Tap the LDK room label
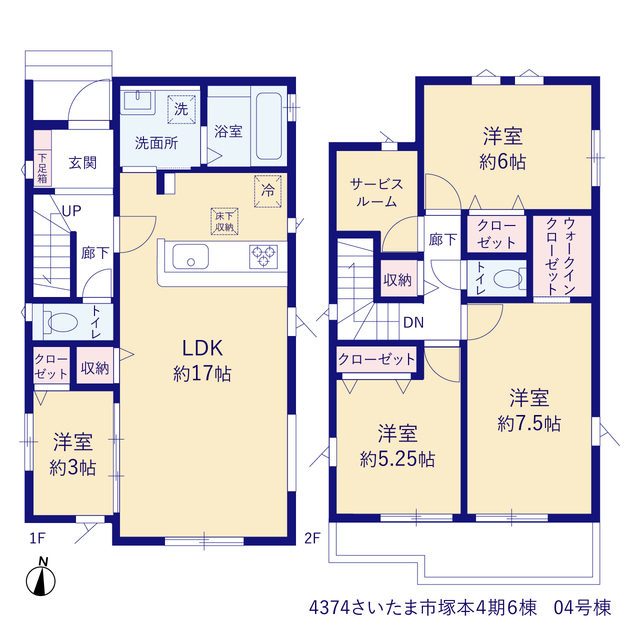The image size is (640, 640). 202,349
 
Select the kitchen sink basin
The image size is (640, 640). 191,257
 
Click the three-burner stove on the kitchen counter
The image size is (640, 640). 264,257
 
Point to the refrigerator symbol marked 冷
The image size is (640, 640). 268,191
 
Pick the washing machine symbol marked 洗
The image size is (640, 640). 181,109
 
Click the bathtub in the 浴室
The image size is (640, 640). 269,126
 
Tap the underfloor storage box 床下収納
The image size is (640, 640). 224,221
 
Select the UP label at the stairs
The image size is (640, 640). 71,211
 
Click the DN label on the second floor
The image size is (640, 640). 413,323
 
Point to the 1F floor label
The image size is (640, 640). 37,539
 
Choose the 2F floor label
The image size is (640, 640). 312,539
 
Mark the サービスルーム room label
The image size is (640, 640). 376,193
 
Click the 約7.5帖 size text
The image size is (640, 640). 529,424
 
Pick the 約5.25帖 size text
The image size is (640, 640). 397,460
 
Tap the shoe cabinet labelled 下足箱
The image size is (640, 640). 42,168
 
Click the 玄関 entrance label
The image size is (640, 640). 83,163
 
